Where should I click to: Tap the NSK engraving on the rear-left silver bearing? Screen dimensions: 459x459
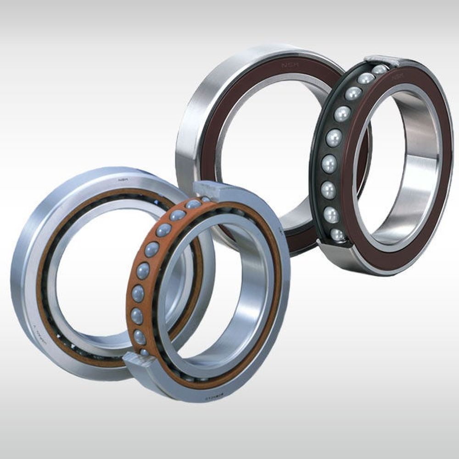tap(123, 180)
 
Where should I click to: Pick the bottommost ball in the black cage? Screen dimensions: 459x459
tap(337, 234)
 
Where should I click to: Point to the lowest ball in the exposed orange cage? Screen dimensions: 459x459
tap(144, 352)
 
